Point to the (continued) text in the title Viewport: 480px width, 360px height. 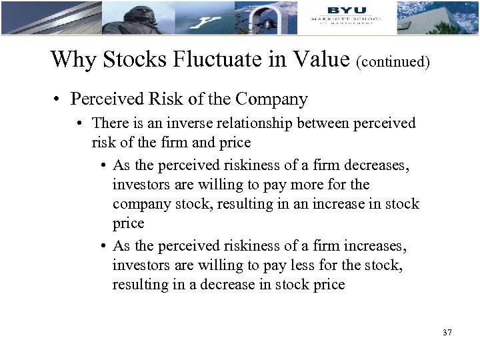pos(393,62)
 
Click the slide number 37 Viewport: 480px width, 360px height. pos(447,331)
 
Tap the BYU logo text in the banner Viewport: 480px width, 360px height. pos(346,9)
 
